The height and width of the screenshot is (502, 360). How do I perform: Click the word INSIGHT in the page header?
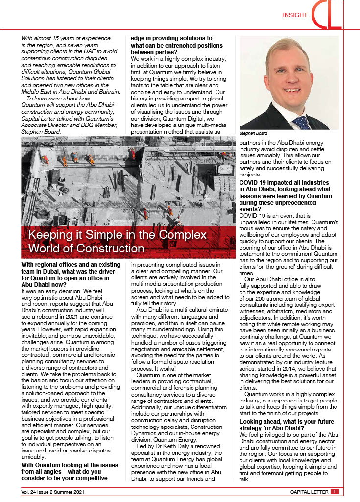pyautogui.click(x=295, y=15)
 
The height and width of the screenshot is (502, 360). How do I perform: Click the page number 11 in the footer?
pyautogui.click(x=334, y=492)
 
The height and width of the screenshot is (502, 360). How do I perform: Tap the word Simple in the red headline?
pyautogui.click(x=113, y=234)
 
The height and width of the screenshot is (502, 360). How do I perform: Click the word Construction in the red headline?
pyautogui.click(x=109, y=248)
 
